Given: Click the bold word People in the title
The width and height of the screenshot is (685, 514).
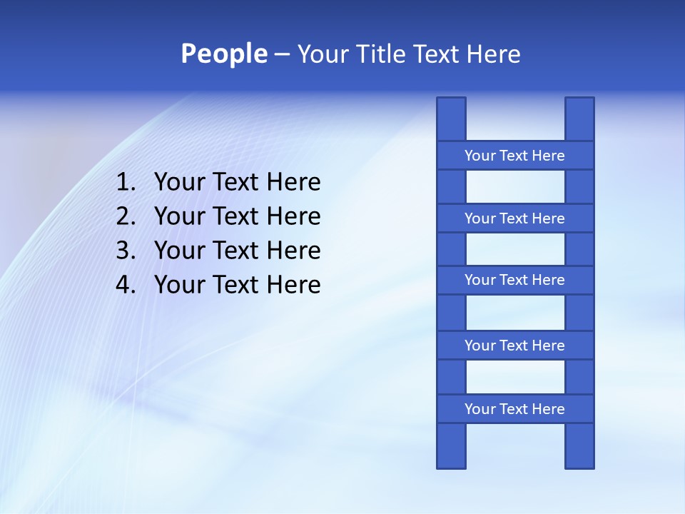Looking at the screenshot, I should (223, 54).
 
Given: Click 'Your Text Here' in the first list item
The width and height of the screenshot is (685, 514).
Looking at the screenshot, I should (237, 183).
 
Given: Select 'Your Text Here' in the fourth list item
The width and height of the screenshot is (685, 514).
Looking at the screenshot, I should (237, 286).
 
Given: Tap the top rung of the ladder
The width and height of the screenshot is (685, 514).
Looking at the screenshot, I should (514, 156).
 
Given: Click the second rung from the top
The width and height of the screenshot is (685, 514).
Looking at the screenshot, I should (514, 218).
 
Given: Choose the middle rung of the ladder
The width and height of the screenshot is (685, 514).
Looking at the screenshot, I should (514, 280).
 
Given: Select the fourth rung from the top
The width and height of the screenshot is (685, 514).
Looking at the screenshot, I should (514, 346).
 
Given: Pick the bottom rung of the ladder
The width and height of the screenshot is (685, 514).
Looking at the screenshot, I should (514, 409).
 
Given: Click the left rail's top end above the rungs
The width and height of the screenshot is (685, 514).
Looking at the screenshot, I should (451, 119).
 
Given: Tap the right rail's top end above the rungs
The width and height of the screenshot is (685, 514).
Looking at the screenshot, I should (579, 119).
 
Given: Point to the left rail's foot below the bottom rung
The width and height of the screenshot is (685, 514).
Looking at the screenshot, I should (451, 446).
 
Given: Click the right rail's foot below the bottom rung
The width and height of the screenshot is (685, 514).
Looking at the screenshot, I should (579, 446).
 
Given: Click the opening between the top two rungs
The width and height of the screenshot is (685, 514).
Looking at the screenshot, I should (515, 187).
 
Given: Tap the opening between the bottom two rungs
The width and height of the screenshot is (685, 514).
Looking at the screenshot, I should (515, 377).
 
